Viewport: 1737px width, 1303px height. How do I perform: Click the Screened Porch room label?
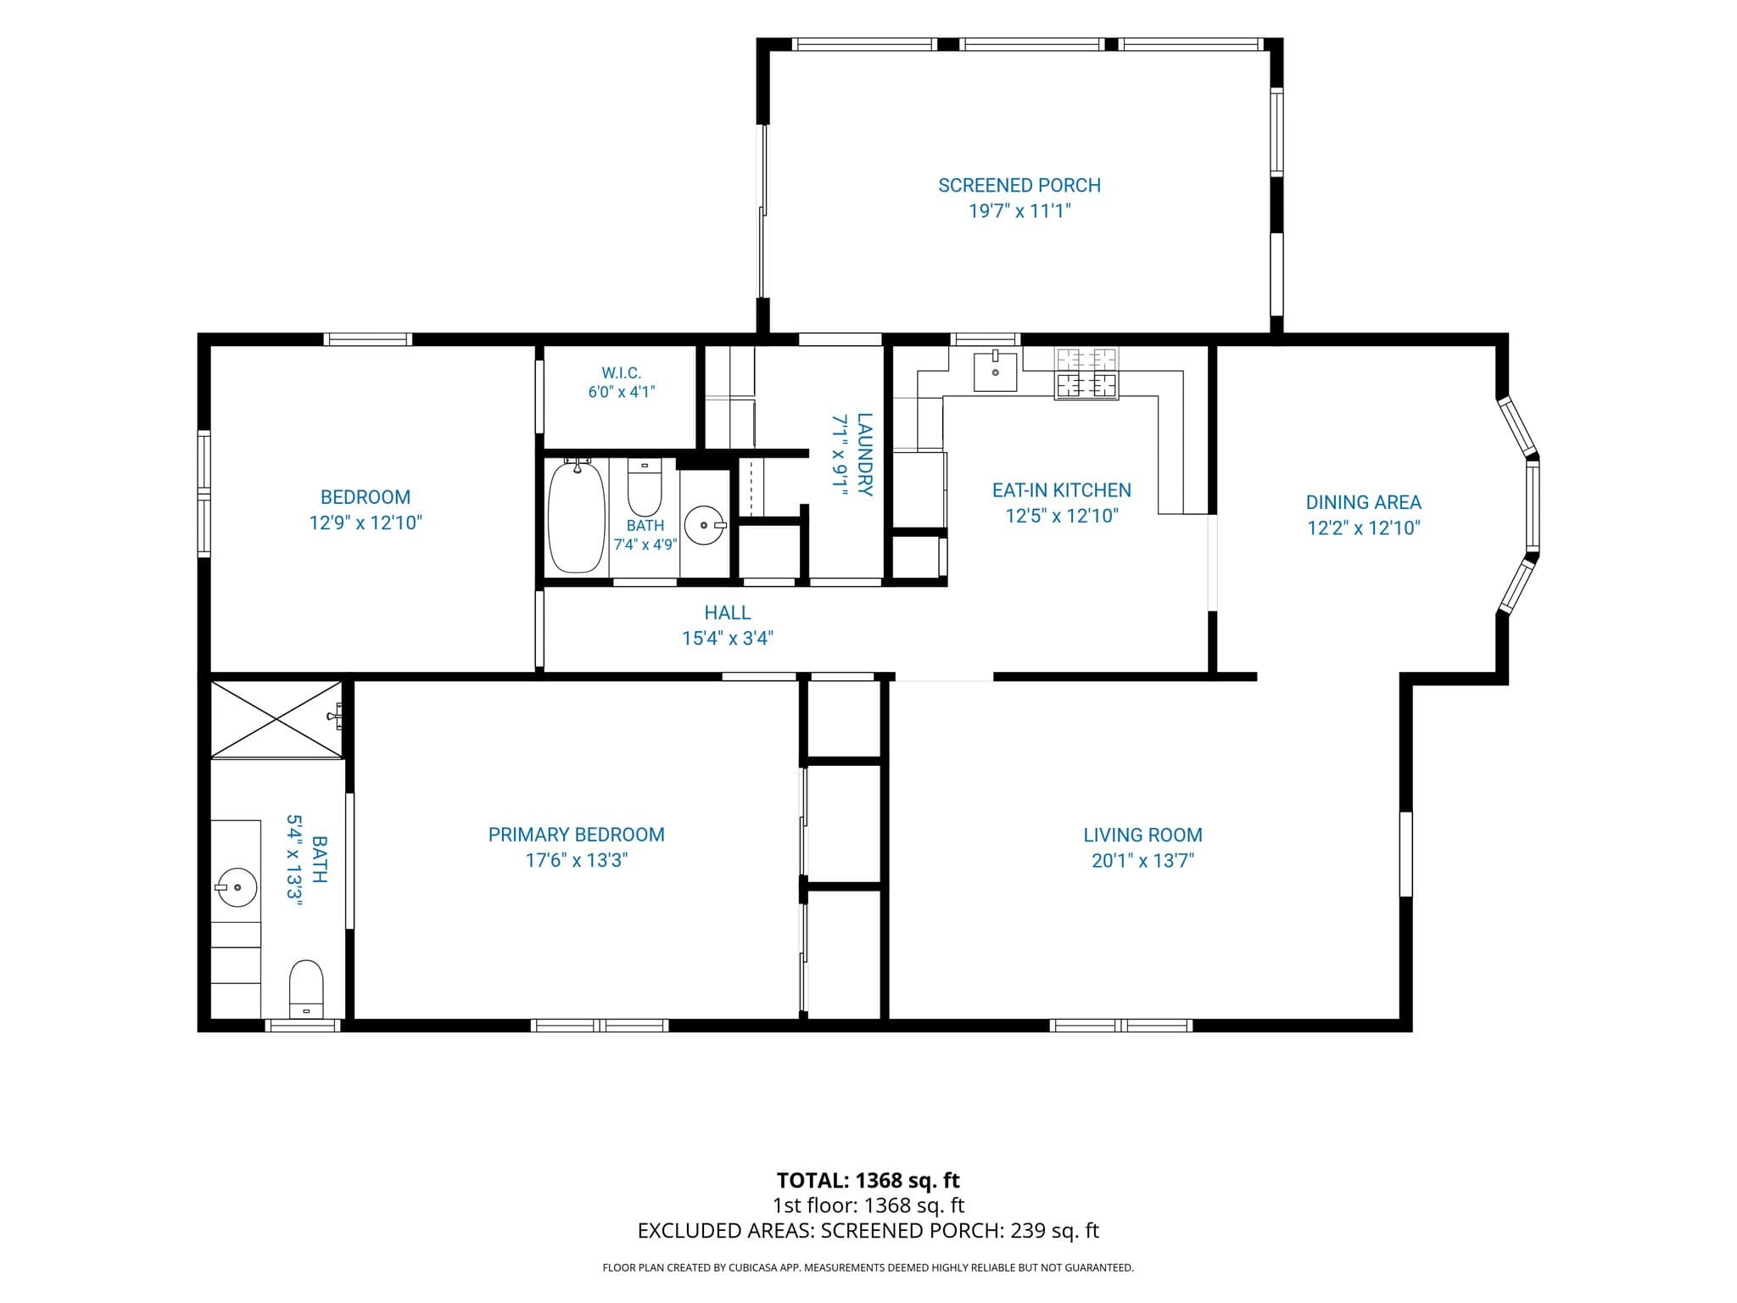(1019, 186)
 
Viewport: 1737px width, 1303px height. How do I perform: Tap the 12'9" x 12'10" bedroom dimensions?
(366, 523)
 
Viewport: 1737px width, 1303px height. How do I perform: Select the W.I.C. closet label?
(622, 373)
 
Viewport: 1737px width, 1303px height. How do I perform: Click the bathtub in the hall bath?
(577, 516)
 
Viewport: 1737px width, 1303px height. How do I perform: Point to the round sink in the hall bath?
(704, 525)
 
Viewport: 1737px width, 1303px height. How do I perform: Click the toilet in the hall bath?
(645, 488)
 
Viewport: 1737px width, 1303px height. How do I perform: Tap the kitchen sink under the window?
(995, 371)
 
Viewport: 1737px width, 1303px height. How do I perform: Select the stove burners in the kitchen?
(1086, 373)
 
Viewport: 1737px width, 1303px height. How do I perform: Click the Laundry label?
(864, 454)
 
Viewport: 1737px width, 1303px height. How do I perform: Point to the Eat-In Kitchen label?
(1062, 490)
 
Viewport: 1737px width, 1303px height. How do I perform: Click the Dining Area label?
(1363, 502)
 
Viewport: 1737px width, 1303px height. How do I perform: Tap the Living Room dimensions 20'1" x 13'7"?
(1142, 860)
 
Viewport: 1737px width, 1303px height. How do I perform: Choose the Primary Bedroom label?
(577, 835)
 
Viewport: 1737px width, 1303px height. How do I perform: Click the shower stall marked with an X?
(276, 719)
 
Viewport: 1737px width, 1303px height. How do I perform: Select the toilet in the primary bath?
(306, 988)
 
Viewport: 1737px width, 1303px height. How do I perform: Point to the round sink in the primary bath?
(237, 887)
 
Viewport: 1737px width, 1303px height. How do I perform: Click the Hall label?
(728, 612)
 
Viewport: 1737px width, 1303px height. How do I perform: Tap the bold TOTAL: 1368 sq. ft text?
(868, 1180)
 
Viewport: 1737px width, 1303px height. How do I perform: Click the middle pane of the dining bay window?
(1532, 506)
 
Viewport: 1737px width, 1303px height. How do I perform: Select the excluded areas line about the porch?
(868, 1230)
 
